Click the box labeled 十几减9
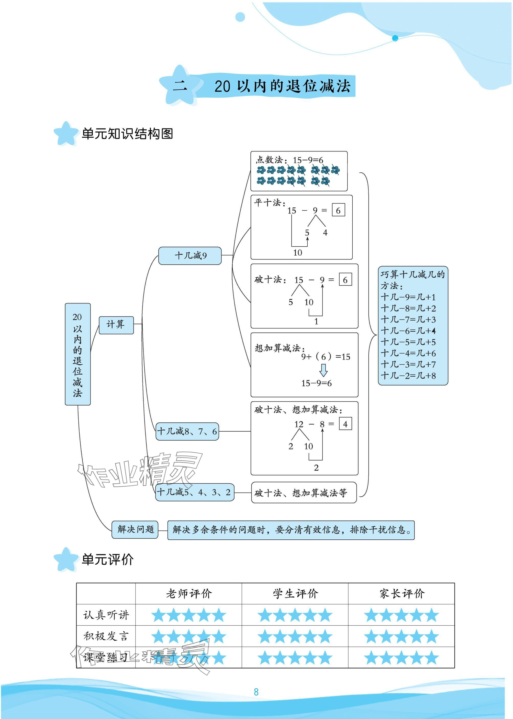coord(189,256)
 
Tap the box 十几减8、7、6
coord(187,431)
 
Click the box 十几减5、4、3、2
coord(194,492)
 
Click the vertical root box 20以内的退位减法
coord(78,354)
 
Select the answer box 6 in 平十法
coord(338,210)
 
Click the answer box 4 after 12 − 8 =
coord(345,424)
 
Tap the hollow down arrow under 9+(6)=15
coord(324,370)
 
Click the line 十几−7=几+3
coord(408,320)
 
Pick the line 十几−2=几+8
coord(408,376)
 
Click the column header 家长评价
coord(402,594)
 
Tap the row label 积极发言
coord(106,636)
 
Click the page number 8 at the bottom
coord(256,692)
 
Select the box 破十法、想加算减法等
coord(304,492)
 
